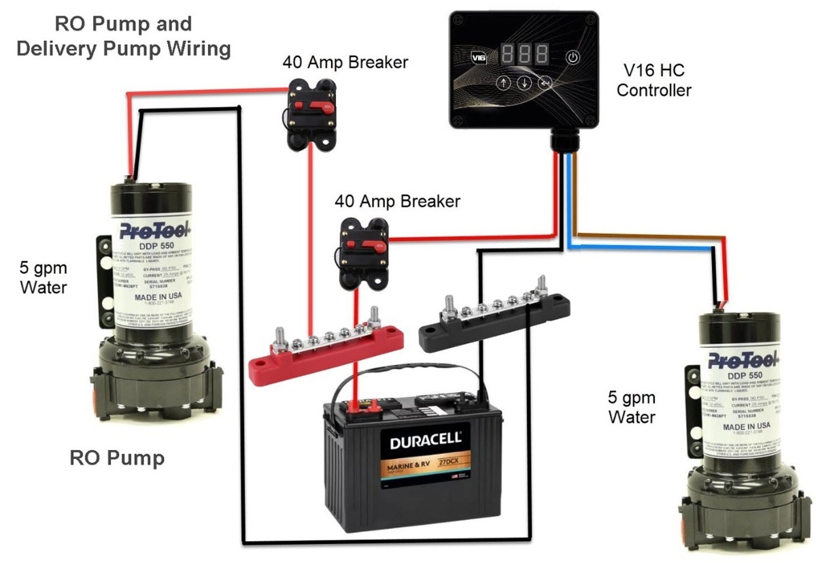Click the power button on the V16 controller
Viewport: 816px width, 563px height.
click(573, 57)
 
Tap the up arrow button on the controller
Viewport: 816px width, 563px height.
click(503, 84)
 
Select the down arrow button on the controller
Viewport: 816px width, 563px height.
click(524, 84)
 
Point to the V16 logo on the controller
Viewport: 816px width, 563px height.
click(480, 58)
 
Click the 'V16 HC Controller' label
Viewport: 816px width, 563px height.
click(653, 79)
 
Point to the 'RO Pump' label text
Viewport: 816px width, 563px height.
click(117, 457)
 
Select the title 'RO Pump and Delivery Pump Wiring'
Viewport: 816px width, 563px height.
click(123, 36)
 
